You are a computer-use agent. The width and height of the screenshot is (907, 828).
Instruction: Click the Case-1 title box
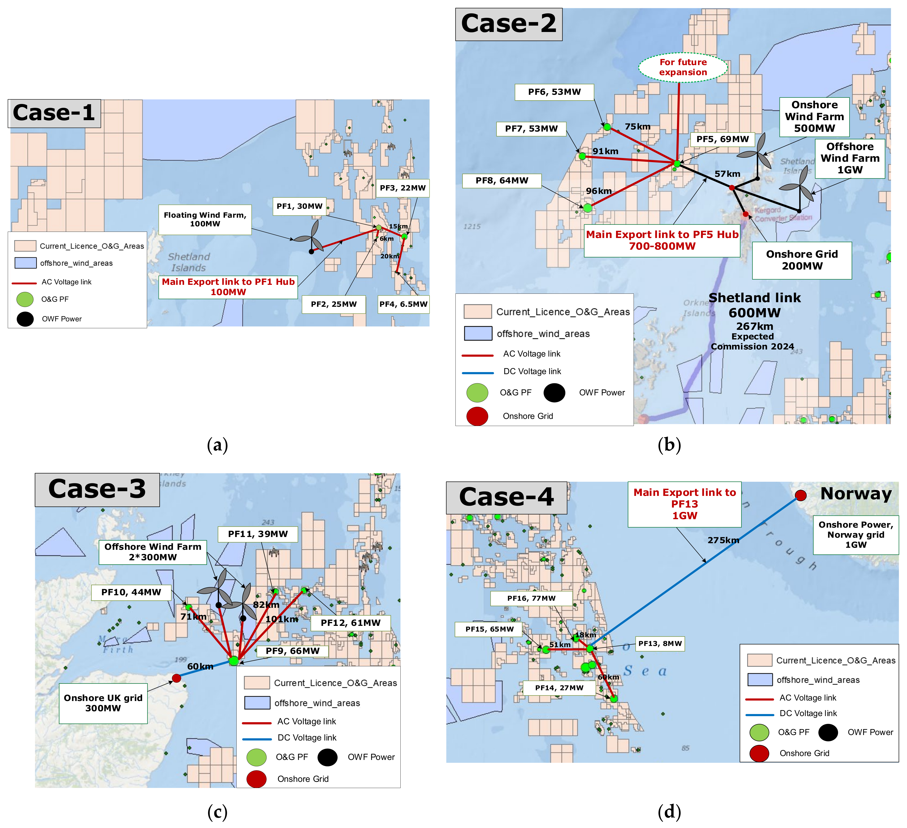[x=54, y=113]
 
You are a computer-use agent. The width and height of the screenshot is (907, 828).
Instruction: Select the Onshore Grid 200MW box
[x=802, y=260]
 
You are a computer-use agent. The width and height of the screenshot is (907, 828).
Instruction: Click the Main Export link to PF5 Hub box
[x=662, y=240]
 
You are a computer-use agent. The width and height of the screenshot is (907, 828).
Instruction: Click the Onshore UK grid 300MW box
[x=103, y=703]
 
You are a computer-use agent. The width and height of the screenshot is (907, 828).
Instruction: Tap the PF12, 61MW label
[x=350, y=623]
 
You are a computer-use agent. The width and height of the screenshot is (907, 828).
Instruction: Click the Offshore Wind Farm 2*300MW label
[x=153, y=552]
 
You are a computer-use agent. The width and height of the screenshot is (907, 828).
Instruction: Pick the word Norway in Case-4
[x=856, y=494]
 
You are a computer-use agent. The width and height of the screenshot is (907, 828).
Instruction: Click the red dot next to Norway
[x=800, y=495]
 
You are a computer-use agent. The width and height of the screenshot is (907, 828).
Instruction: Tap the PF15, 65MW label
[x=489, y=629]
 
